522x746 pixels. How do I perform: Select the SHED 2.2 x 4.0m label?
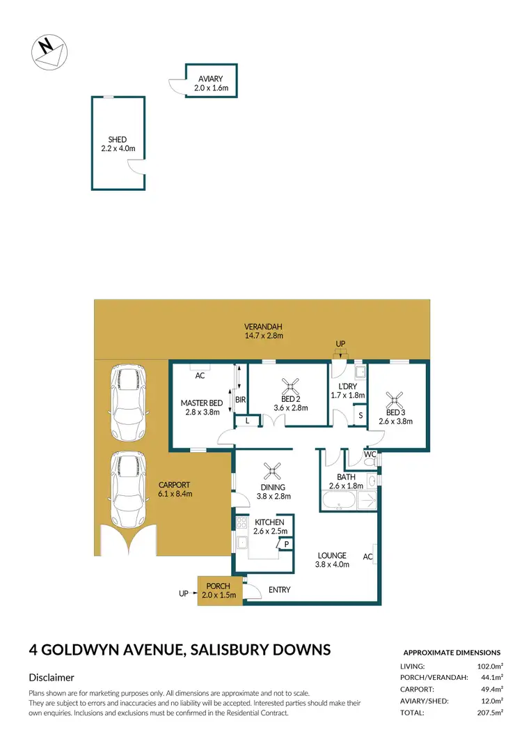pos(118,144)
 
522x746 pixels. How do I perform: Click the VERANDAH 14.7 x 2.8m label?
pos(263,331)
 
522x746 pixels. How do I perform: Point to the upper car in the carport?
pos(127,403)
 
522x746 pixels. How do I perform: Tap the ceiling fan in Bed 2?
pos(288,386)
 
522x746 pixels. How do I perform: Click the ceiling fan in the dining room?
pos(274,470)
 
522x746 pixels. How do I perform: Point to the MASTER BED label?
pos(201,407)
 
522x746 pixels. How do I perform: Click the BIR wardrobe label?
pos(240,400)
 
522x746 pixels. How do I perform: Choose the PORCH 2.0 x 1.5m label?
pos(219,591)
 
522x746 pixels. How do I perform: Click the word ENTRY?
pos(279,590)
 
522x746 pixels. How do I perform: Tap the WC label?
pos(370,454)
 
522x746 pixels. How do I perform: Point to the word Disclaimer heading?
pos(52,677)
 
